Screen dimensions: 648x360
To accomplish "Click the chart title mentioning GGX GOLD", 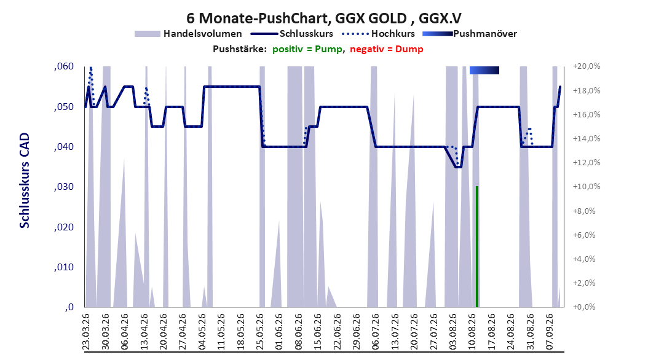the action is (x=323, y=18).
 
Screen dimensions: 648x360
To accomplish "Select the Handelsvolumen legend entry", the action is (x=188, y=34).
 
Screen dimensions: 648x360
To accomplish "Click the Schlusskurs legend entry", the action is (x=291, y=34).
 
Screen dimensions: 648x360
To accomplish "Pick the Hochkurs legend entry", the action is (x=378, y=34).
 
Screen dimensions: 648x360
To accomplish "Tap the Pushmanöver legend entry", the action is (x=470, y=34).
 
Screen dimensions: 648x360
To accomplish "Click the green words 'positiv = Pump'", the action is (x=307, y=49).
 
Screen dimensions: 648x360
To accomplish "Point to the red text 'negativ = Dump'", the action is (x=387, y=49).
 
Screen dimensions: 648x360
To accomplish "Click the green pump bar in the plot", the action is (x=477, y=246).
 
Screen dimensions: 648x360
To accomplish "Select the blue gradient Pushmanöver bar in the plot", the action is (x=484, y=70).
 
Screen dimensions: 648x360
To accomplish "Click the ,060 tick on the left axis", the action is (x=64, y=66).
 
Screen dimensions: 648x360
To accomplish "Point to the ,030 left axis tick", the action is (x=64, y=187).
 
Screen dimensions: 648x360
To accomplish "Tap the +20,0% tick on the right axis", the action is (x=587, y=66).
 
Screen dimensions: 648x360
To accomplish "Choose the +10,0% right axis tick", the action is (x=587, y=187).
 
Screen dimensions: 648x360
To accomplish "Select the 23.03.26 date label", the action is (x=85, y=332).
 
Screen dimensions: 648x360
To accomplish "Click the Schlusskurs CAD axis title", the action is (x=25, y=181).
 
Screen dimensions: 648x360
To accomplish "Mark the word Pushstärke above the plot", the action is (x=240, y=49).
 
